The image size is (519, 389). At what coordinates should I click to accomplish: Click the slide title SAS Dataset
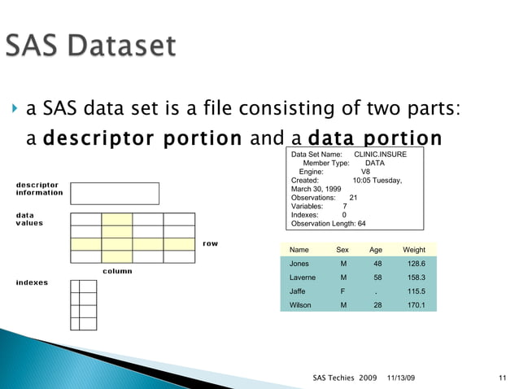click(90, 46)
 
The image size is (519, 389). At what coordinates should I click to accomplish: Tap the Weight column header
click(413, 250)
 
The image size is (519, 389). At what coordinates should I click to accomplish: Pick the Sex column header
click(342, 250)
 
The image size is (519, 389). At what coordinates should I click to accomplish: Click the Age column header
click(376, 250)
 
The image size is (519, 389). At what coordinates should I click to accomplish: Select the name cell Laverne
click(304, 278)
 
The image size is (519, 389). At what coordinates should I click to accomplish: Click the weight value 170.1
click(413, 305)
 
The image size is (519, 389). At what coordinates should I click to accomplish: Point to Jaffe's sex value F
click(342, 291)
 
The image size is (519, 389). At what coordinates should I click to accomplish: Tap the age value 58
click(377, 278)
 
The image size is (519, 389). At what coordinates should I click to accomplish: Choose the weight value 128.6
click(413, 264)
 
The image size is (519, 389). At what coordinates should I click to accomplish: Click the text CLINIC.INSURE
click(381, 154)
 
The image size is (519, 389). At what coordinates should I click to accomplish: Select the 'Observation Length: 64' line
click(328, 223)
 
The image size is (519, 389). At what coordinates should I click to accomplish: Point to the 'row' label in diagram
click(210, 243)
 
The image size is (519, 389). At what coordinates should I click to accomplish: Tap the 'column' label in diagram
click(117, 271)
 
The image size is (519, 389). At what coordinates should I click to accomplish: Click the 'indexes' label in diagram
click(32, 282)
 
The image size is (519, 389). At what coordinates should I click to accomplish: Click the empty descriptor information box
click(115, 193)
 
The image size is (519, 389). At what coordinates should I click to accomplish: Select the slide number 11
click(502, 378)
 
